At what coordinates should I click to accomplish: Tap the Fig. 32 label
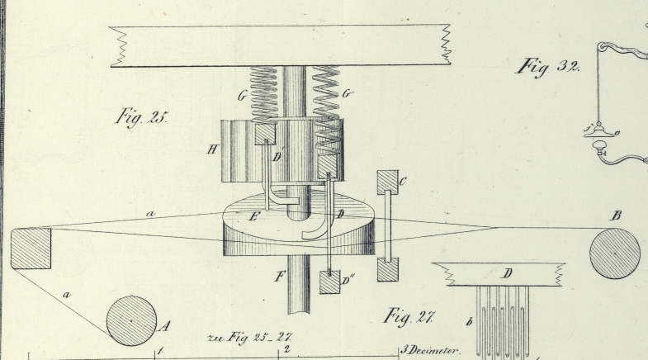[x=547, y=66]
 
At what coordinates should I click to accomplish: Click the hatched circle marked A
[x=131, y=320]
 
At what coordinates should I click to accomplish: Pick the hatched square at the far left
[x=31, y=249]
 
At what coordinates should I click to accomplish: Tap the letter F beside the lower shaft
[x=280, y=277]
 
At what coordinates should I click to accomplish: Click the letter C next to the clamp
[x=403, y=180]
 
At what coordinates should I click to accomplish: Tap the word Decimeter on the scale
[x=435, y=350]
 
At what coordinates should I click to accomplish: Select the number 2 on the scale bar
[x=285, y=349]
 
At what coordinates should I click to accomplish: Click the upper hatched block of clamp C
[x=386, y=182]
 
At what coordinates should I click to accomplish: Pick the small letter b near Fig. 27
[x=469, y=321]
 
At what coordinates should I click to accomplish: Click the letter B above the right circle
[x=616, y=216]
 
